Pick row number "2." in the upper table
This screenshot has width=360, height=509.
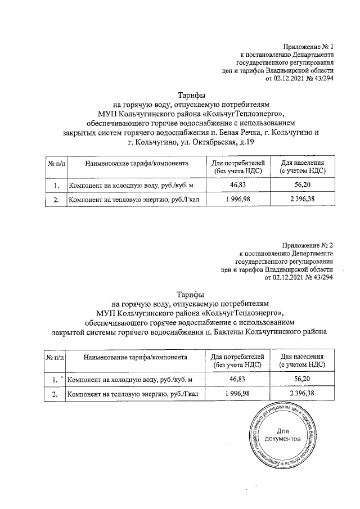tap(56, 199)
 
